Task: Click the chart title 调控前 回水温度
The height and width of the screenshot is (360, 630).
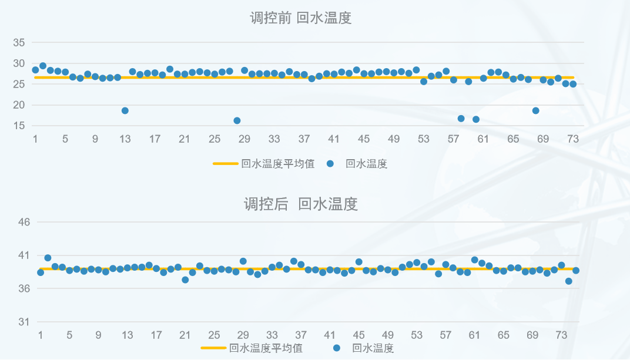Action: point(300,18)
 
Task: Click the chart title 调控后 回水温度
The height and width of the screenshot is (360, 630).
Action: point(300,204)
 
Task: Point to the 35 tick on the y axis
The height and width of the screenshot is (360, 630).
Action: point(19,42)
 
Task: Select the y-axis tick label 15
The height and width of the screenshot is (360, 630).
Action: point(19,126)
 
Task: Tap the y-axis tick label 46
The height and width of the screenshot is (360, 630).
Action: point(24,222)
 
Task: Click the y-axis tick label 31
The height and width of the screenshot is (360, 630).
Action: point(24,322)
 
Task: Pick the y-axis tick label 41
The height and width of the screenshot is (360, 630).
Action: point(24,255)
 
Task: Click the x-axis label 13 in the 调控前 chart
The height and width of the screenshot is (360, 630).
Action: point(125,139)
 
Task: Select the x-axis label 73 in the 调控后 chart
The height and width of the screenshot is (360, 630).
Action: point(561,335)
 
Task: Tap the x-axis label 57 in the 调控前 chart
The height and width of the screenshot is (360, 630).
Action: point(453,139)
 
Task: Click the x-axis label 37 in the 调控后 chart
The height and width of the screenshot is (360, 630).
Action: point(301,335)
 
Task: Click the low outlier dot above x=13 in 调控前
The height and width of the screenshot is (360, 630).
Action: point(125,110)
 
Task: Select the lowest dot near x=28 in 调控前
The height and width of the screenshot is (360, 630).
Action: point(237,120)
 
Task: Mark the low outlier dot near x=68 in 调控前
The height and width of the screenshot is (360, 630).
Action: point(535,110)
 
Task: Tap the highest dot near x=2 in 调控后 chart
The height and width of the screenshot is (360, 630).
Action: point(48,258)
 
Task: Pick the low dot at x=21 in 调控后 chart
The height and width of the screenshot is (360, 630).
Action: point(185,280)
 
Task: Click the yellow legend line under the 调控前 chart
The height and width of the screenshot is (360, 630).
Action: point(225,164)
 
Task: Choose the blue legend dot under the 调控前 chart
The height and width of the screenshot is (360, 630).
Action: point(330,164)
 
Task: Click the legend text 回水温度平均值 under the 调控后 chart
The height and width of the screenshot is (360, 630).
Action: point(266,348)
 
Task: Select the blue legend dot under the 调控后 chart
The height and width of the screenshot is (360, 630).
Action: point(337,348)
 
